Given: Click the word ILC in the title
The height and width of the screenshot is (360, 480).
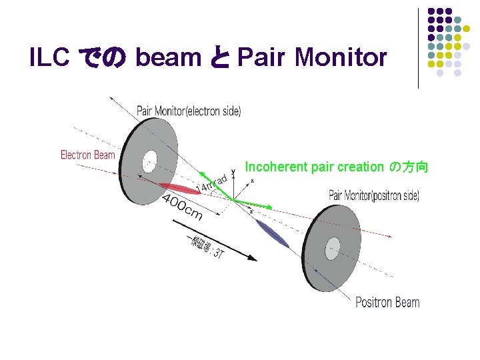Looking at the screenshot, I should pos(49,59).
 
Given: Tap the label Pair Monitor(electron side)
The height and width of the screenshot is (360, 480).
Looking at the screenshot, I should pos(189,111).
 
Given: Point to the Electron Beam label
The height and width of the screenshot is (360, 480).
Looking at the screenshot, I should pos(88,155).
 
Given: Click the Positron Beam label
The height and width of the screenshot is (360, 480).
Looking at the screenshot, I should pos(387,302).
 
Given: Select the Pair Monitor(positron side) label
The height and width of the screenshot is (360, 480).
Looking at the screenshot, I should pos(374,195).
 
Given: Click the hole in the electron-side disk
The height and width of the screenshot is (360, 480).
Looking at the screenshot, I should pos(149,161).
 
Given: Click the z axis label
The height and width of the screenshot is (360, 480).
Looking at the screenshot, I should pos(251,212).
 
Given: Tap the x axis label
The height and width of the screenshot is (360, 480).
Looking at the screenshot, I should pos(252,181).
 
